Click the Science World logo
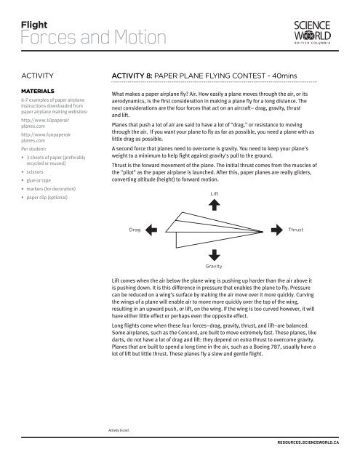[x=315, y=28]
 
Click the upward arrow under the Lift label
[x=213, y=206]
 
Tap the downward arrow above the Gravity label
[x=213, y=254]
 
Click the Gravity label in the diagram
[x=213, y=267]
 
